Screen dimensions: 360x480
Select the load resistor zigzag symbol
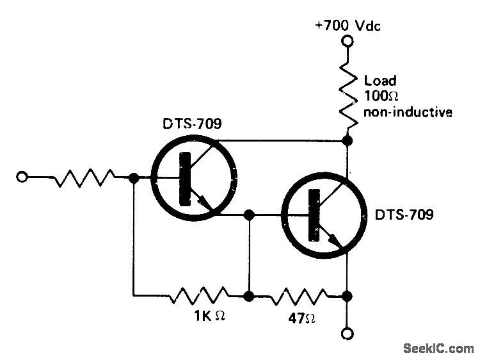348,94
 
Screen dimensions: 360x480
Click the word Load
380,81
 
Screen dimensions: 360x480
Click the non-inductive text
408,113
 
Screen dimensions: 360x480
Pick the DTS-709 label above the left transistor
191,124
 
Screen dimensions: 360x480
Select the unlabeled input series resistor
83,178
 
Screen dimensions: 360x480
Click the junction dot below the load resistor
348,139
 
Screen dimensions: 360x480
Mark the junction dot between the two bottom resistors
249,297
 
